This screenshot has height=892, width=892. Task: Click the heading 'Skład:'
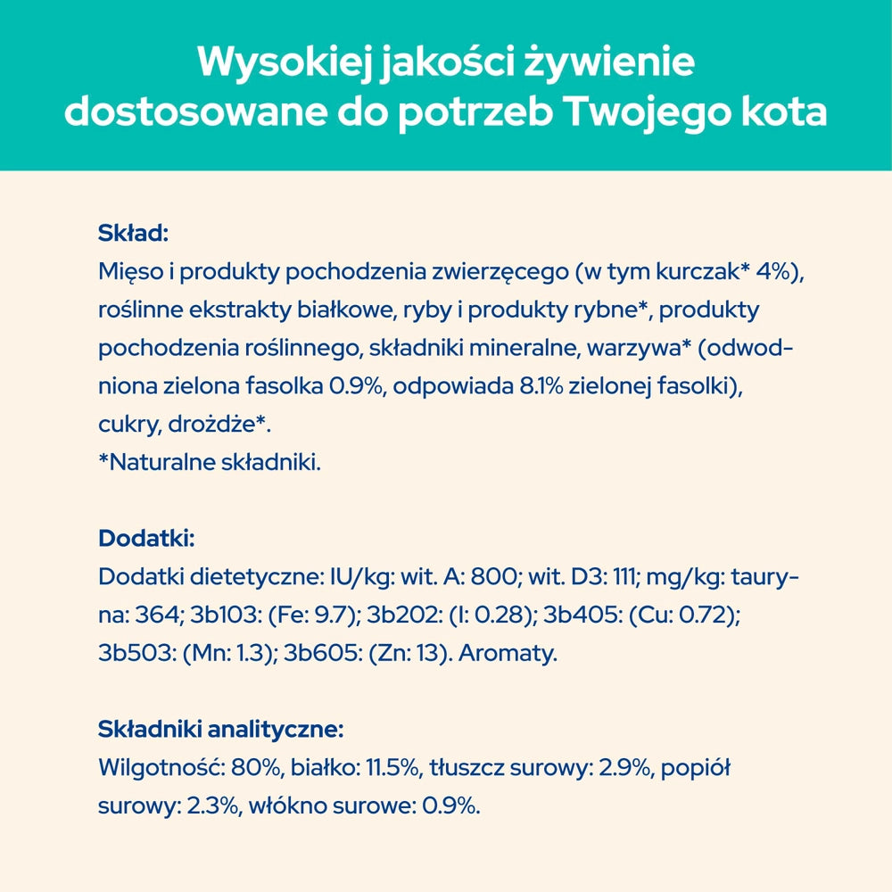pyautogui.click(x=133, y=235)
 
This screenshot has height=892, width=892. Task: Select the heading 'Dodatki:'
pyautogui.click(x=146, y=539)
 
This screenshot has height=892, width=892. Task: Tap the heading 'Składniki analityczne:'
pyautogui.click(x=220, y=730)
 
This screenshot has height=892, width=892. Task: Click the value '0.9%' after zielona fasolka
pyautogui.click(x=359, y=387)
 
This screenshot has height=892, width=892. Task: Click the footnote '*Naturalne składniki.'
pyautogui.click(x=209, y=463)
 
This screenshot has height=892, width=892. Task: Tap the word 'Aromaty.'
pyautogui.click(x=508, y=653)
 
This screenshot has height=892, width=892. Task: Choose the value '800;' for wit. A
pyautogui.click(x=492, y=577)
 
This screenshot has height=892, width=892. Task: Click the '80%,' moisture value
pyautogui.click(x=259, y=768)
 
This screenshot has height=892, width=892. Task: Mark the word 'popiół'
pyautogui.click(x=695, y=768)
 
